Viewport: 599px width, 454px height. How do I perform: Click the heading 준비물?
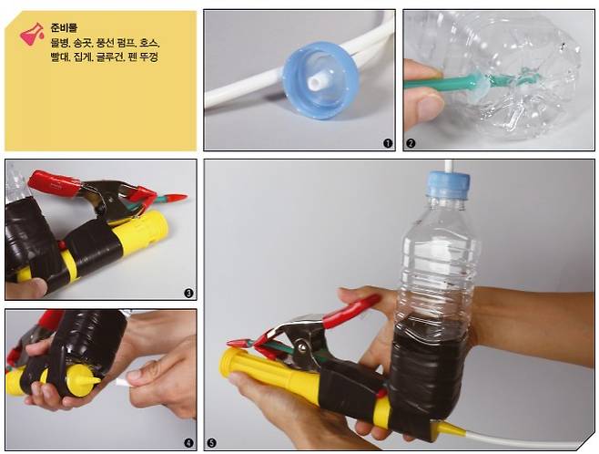coord(64,27)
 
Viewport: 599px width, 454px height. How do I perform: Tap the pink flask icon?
coord(32,35)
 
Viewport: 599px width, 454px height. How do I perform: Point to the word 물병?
coord(59,43)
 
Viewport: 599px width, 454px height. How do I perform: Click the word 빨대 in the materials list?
coord(59,57)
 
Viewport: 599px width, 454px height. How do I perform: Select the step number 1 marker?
coord(388,143)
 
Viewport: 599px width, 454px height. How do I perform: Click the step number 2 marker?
coord(411,143)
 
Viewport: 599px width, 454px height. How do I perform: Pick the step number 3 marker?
coord(188,293)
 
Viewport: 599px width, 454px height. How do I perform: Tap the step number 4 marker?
coord(188,443)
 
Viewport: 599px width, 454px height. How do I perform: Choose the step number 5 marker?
coord(211,443)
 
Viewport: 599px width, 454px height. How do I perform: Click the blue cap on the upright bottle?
coord(448,185)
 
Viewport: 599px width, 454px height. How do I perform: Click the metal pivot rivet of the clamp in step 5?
coord(302,346)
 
